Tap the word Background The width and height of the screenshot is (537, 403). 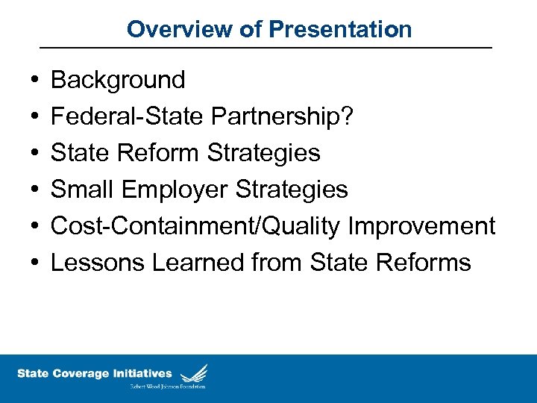coord(118,79)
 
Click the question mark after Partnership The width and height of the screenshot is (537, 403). coord(348,116)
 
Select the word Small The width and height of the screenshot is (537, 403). coord(81,189)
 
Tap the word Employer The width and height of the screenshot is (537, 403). coord(173,189)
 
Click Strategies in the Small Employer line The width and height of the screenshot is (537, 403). coord(292,189)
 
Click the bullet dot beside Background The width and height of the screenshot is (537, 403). coord(36,80)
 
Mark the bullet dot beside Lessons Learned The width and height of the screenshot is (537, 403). coord(36,263)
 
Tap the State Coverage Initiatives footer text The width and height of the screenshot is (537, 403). coord(94,373)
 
